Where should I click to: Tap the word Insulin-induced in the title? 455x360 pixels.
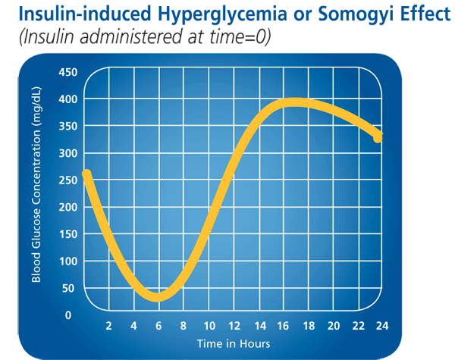[76, 14]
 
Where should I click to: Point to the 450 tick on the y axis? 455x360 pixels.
[68, 72]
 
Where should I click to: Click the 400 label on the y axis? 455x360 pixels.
[68, 99]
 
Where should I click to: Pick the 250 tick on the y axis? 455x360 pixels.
[68, 180]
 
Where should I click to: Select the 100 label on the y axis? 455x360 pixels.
[68, 261]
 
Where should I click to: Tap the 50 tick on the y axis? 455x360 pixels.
[70, 288]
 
